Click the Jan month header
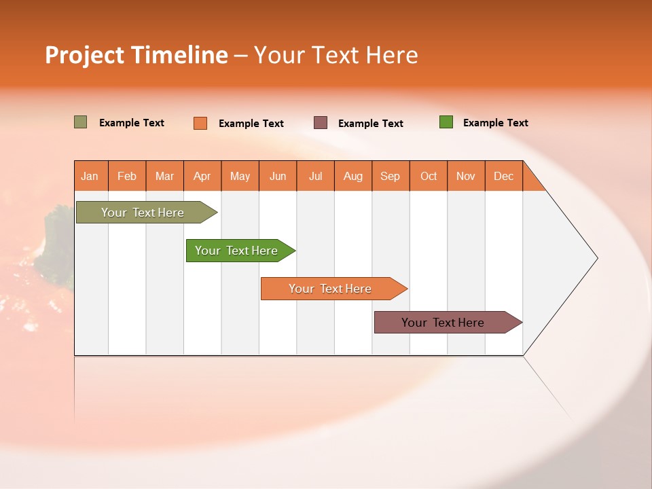pos(90,176)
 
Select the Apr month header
pos(202,176)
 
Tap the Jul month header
pos(316,176)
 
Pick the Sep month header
pos(391,176)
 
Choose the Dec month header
pos(504,176)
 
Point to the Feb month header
pos(127,176)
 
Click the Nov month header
pos(466,176)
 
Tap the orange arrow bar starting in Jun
pos(331,289)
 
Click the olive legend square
pos(81,122)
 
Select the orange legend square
pos(200,123)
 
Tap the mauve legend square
pos(321,123)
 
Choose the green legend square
pos(446,122)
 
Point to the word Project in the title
pos(84,55)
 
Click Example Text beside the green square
pos(495,123)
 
